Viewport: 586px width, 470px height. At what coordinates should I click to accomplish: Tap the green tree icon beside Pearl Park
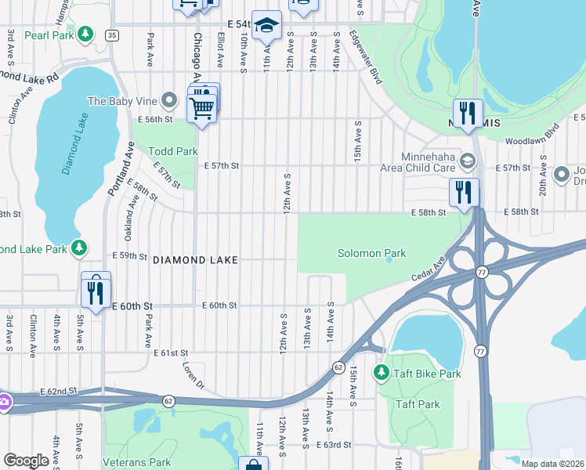(x=86, y=34)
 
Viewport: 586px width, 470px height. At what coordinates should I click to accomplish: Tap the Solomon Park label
(x=371, y=253)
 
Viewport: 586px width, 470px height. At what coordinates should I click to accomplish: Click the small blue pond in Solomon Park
(x=389, y=261)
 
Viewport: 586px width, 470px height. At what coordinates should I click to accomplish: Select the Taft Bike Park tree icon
(x=382, y=372)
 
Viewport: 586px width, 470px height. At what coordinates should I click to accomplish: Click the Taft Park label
(x=417, y=404)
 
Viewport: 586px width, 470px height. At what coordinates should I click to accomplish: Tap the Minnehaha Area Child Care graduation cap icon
(x=468, y=161)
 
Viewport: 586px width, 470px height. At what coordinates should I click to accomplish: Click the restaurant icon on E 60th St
(x=96, y=293)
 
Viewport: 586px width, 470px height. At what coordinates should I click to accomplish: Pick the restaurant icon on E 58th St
(x=464, y=193)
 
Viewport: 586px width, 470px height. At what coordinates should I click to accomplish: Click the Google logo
(x=26, y=461)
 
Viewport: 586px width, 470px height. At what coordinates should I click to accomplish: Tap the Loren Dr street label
(x=193, y=374)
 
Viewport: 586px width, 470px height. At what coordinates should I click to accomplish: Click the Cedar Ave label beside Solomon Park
(x=428, y=269)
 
